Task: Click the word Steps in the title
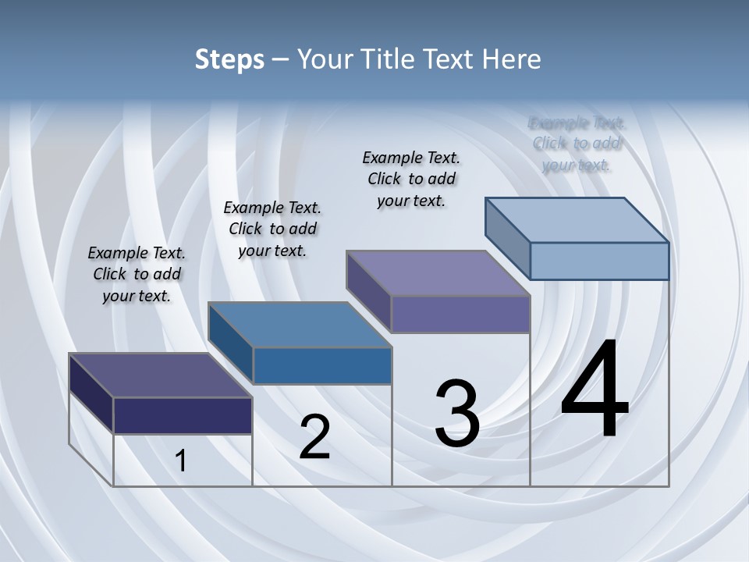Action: click(229, 59)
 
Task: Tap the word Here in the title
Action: click(512, 59)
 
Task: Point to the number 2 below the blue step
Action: click(314, 438)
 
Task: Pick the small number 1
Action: click(181, 461)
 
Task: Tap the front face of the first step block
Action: click(183, 415)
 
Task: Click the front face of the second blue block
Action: click(322, 366)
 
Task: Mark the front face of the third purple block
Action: click(460, 315)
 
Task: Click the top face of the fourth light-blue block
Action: click(577, 220)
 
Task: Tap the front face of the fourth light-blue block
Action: click(599, 261)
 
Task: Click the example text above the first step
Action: click(137, 274)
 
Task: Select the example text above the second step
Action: click(272, 229)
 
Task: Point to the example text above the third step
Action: click(411, 179)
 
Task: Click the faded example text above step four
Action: click(577, 144)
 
